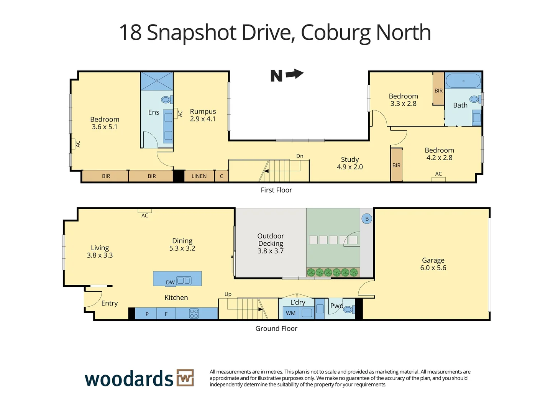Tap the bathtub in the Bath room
pos(463,81)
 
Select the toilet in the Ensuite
pos(166,100)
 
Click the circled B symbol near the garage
pos(367,219)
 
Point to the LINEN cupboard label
pos(199,176)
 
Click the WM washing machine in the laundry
pos(291,313)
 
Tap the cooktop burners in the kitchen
pos(194,314)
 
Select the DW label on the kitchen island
pos(170,283)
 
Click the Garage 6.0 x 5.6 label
pos(433,264)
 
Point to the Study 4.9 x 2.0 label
pos(350,163)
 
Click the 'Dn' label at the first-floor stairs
pos(300,156)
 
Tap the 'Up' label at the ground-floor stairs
pos(228,294)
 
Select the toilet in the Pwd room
pos(348,309)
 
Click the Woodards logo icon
pos(185,378)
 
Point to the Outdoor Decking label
pos(271,243)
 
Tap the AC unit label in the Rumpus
pos(180,113)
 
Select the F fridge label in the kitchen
pos(166,314)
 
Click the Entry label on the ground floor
pos(110,303)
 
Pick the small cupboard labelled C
pos(222,176)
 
